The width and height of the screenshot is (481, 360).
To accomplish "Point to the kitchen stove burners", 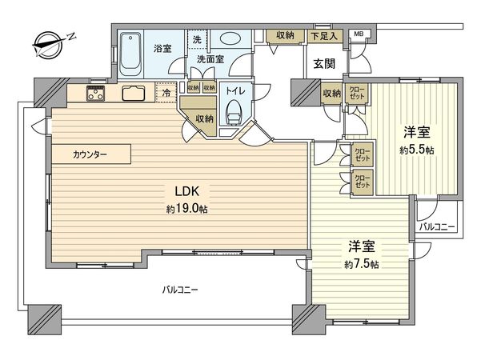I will [x=95, y=94].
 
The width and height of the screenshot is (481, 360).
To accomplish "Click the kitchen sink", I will [x=133, y=94].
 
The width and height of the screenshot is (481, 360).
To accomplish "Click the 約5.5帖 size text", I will [x=417, y=150].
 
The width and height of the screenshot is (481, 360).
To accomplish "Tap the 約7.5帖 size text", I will [x=362, y=264].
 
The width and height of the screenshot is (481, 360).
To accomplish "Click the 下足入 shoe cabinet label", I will [x=323, y=35].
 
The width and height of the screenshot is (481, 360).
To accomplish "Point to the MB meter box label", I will [x=359, y=34].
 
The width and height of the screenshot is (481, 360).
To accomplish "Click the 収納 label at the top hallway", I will [x=284, y=35].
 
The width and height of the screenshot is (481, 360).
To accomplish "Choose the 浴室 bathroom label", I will [x=162, y=49].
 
